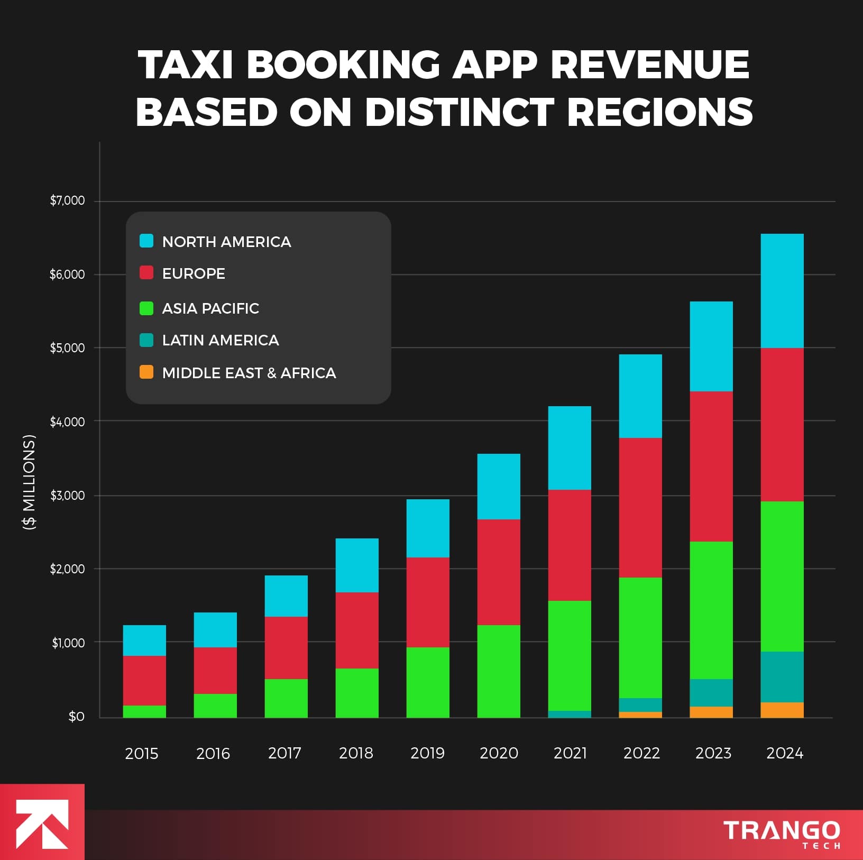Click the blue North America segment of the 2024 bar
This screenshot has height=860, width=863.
click(x=782, y=290)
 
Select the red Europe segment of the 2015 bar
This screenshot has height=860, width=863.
click(x=144, y=680)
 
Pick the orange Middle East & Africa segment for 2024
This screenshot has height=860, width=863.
click(x=782, y=710)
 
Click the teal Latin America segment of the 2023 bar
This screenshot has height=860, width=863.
click(x=711, y=692)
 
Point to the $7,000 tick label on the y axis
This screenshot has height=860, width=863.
click(x=67, y=200)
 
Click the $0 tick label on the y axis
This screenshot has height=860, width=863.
click(x=76, y=717)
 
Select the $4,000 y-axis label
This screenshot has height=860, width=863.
click(x=67, y=422)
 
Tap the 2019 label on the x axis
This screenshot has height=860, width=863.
click(x=427, y=753)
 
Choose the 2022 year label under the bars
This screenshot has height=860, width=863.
click(x=641, y=753)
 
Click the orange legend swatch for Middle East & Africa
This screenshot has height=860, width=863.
click(x=146, y=372)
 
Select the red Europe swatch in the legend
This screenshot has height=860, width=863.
click(x=146, y=273)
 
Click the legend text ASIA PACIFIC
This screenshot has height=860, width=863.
click(x=210, y=308)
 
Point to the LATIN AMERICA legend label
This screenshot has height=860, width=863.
click(x=221, y=340)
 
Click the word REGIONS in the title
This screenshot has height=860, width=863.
click(x=660, y=112)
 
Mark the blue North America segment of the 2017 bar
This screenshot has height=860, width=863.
click(x=286, y=596)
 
